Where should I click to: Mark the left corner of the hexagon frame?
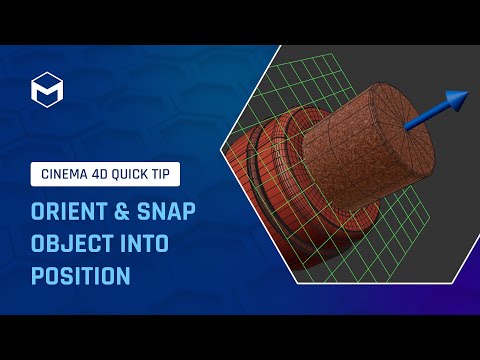click(218, 179)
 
